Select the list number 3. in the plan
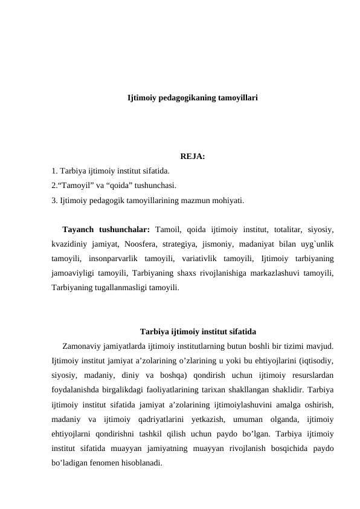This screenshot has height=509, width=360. tap(54, 200)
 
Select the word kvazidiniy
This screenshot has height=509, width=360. tap(71, 244)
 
